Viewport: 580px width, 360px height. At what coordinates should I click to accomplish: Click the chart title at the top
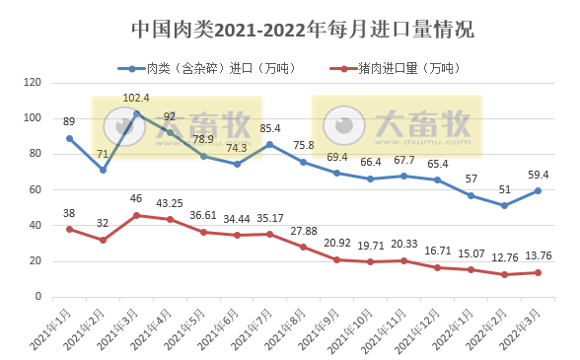pos(302,31)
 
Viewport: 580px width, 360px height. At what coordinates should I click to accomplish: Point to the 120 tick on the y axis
pos(34,83)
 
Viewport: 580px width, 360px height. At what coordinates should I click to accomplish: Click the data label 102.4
pos(136,99)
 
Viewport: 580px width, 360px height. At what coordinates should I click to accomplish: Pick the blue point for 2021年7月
pos(270,144)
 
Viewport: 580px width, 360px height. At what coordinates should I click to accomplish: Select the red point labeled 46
pos(136,215)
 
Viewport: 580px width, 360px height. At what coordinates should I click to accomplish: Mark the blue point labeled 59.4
pos(538,190)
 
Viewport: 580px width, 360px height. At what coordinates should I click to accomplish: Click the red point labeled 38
pos(69,229)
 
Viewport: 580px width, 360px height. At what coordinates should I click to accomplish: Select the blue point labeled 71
pos(103,170)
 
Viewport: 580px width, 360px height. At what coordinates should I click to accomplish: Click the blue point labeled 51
pos(504,205)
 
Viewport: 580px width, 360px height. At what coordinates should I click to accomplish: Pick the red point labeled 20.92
pos(337,259)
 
